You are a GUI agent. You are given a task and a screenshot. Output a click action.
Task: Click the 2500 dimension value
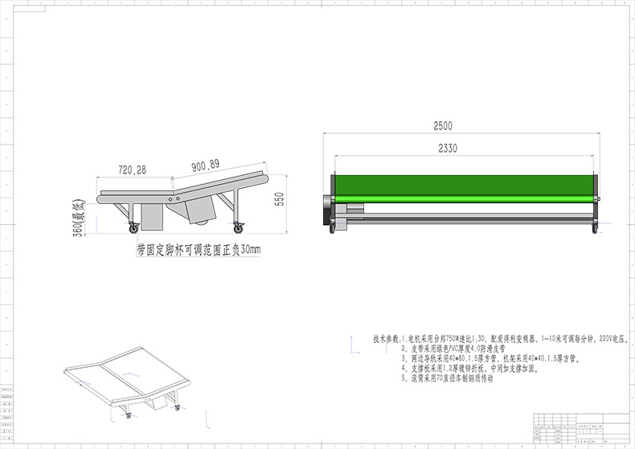click(443, 125)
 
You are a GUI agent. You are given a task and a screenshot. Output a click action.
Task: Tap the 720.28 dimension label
click(132, 170)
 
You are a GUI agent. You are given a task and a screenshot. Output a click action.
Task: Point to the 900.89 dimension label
click(206, 166)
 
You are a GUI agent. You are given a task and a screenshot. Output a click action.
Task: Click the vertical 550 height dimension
click(280, 199)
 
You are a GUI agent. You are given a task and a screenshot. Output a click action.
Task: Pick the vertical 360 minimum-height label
click(79, 217)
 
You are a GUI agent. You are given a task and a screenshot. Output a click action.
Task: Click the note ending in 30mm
click(199, 251)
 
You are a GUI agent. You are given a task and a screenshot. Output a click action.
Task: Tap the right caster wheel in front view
click(595, 229)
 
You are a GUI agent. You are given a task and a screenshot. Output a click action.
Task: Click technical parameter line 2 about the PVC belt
click(459, 350)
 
